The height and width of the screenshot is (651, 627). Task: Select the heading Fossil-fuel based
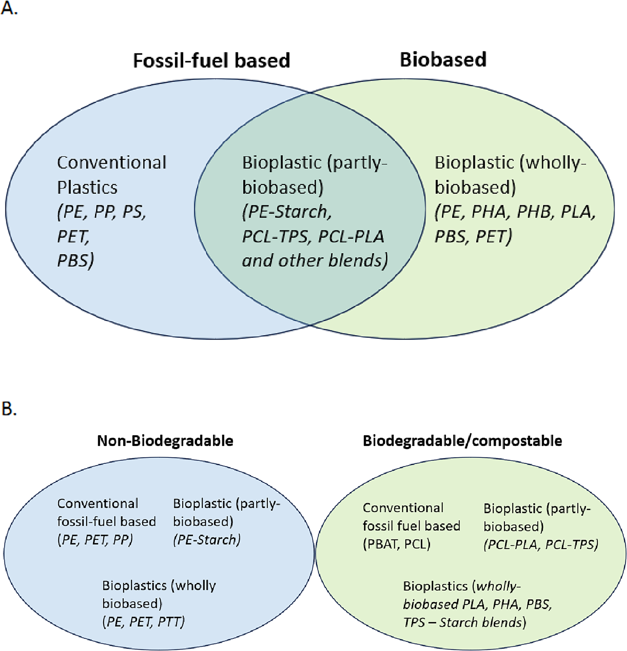coord(211,60)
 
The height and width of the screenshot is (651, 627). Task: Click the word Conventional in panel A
coord(111,163)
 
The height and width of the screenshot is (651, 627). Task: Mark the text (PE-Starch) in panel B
coord(206,540)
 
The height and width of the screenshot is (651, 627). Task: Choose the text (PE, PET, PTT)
coord(143,621)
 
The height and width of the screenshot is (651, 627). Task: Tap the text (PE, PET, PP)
coord(95,540)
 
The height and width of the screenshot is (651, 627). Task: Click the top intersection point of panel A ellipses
coord(310,93)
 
